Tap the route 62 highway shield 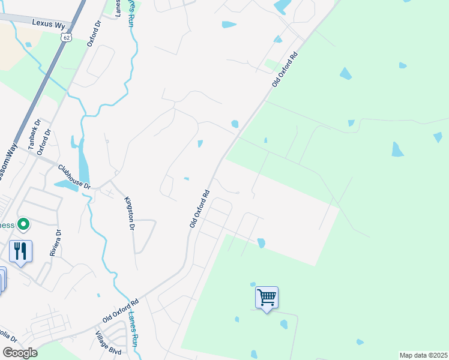pos(65,37)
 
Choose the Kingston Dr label pos(128,214)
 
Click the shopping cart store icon pos(267,297)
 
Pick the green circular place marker pos(23,225)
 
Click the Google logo pos(19,353)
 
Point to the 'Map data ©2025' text pos(423,355)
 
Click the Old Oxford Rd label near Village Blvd pos(121,310)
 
